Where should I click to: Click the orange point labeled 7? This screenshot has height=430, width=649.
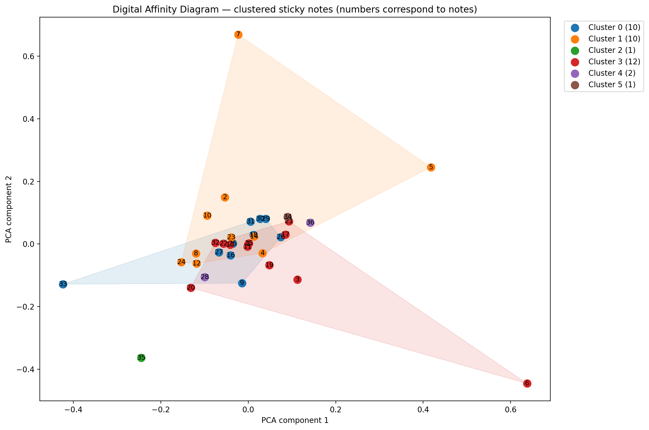[x=238, y=35]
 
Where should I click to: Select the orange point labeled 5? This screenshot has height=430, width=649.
[x=431, y=167]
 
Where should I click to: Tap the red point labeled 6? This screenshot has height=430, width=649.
[x=527, y=383]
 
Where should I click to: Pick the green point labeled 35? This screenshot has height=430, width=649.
[x=141, y=358]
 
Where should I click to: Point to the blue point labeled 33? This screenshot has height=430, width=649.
[x=63, y=284]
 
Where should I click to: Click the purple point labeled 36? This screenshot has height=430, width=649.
[x=310, y=222]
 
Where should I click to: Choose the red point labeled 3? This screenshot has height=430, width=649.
[x=297, y=280]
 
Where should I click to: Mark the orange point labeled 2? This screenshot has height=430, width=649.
[x=225, y=198]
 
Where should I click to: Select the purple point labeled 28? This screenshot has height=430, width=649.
[x=205, y=277]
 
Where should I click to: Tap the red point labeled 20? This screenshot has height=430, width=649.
[x=191, y=288]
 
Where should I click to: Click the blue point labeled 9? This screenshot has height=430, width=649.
[x=242, y=283]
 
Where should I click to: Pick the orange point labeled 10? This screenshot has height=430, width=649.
[x=207, y=216]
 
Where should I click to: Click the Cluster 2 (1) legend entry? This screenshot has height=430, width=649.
[x=612, y=50]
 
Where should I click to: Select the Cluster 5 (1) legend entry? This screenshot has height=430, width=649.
[x=612, y=84]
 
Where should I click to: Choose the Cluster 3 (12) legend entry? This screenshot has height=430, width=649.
[x=614, y=62]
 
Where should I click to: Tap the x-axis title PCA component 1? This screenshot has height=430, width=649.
[x=295, y=420]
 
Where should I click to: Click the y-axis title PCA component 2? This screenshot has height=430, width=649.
[x=9, y=209]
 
